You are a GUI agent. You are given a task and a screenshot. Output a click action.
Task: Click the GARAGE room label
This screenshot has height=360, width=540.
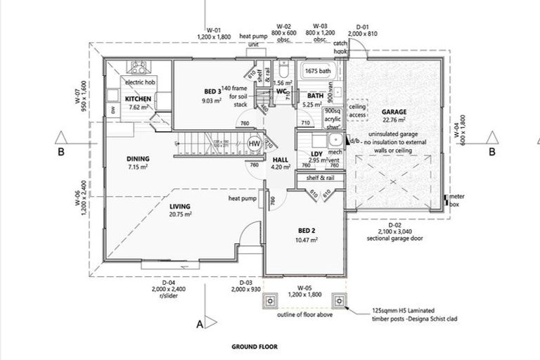coord(397,112)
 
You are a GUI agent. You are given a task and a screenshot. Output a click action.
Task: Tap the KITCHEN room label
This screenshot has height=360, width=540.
coord(139,99)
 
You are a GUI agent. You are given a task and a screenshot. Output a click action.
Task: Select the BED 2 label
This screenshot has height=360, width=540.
coord(306,231)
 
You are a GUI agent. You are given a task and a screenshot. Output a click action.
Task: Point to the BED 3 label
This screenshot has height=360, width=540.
coord(212,91)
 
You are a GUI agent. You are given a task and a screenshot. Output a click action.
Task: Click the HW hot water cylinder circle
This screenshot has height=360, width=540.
coord(255,143)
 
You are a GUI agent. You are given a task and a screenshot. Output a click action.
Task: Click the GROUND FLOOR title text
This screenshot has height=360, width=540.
coord(255,347)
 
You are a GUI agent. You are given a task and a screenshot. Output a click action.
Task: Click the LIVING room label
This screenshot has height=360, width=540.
coord(180,206)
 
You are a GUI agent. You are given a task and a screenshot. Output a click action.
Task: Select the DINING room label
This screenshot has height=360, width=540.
coord(138,159)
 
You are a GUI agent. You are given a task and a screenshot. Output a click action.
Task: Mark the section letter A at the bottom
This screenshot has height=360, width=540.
coord(199,324)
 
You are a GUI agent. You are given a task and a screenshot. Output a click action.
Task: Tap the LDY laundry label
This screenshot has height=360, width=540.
coord(316,153)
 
